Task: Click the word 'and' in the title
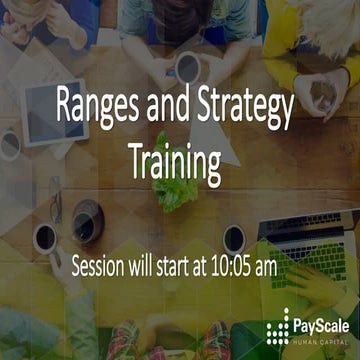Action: [x=167, y=104]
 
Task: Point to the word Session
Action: [x=106, y=267]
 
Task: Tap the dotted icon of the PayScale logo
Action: [x=280, y=325]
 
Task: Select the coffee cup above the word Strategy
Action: [x=187, y=67]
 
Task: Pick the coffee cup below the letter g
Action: [x=234, y=239]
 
